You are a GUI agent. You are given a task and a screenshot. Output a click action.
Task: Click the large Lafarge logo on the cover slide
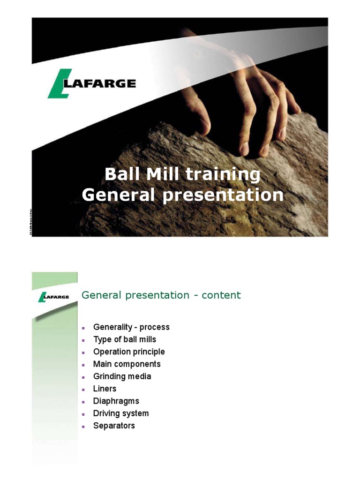(92, 84)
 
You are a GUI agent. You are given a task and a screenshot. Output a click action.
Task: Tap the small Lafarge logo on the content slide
(54, 297)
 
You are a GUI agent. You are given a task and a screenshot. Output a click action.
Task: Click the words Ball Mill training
(182, 174)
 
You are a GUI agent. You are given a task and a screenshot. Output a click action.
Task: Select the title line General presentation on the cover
(183, 195)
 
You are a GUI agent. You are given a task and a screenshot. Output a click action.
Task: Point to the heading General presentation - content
(161, 295)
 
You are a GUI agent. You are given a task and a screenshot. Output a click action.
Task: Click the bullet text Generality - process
(131, 327)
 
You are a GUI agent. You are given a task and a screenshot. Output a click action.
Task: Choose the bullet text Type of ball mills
(125, 339)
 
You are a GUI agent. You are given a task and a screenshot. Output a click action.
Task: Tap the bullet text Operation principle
(129, 352)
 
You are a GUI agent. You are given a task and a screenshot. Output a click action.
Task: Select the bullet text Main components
(127, 364)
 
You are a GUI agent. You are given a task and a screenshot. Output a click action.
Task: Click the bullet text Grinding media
(122, 376)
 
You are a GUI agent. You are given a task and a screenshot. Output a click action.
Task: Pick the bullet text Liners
(105, 389)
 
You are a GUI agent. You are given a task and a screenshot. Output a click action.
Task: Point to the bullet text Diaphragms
(116, 401)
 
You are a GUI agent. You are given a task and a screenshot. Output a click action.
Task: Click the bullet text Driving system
(121, 413)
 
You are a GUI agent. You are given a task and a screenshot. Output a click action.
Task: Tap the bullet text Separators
(114, 426)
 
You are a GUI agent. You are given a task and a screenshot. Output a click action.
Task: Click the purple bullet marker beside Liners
(83, 390)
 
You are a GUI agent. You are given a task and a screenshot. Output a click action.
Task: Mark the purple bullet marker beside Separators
(83, 427)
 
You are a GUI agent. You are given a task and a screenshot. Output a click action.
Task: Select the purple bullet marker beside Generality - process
(83, 328)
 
